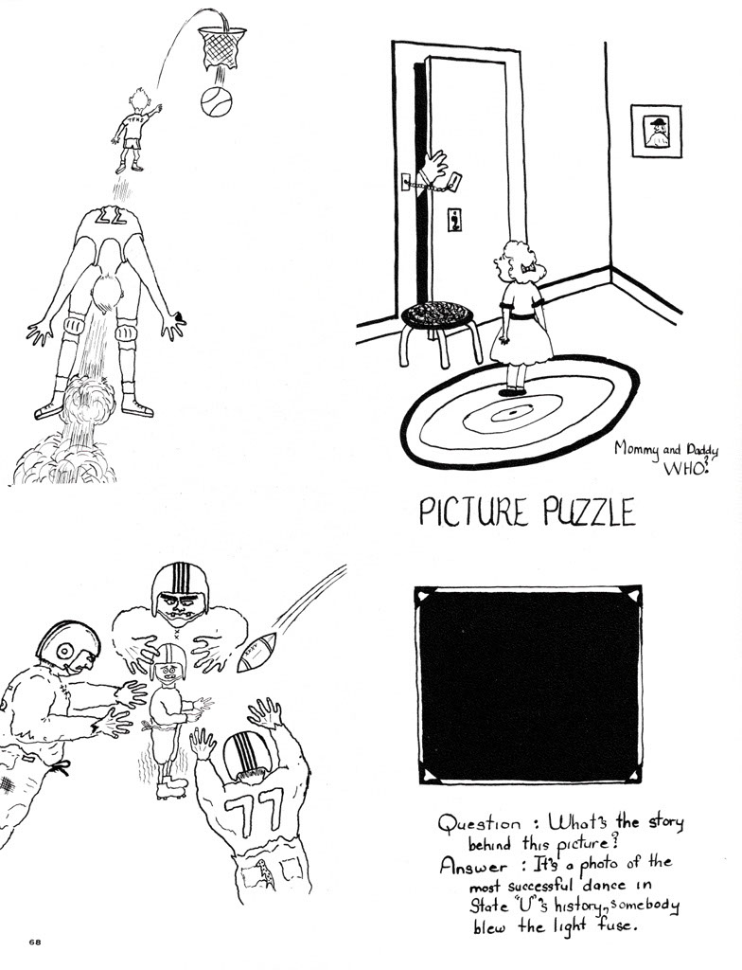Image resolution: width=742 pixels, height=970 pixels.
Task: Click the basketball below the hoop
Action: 217,101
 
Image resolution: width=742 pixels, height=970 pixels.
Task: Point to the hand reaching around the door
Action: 433,166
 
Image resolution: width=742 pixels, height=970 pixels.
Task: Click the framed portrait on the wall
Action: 656,131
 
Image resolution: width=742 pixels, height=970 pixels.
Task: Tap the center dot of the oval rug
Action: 515,412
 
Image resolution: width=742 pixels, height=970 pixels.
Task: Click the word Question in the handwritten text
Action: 480,824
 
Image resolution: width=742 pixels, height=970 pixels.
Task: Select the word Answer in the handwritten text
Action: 472,866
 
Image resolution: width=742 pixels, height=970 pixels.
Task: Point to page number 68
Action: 35,943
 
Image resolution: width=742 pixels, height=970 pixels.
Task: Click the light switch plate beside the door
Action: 456,220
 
